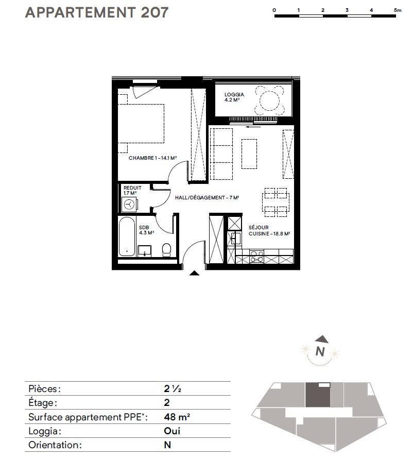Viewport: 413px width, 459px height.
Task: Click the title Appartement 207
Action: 97,12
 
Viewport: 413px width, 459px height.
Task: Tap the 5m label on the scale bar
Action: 398,10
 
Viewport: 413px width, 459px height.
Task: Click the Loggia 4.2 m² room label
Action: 234,97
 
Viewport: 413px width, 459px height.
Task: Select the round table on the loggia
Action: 269,100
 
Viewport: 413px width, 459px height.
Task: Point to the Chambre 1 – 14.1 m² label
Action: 152,158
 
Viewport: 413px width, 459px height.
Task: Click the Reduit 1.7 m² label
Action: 132,190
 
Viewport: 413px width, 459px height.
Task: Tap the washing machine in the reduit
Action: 129,204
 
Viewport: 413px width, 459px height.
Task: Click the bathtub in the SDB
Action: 127,237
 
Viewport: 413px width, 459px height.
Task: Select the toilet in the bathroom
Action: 166,250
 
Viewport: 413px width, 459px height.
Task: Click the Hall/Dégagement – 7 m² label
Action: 207,198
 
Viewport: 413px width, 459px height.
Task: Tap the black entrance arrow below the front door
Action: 194,273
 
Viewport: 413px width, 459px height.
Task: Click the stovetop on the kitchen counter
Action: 256,257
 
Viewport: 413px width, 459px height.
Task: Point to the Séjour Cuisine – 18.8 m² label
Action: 269,230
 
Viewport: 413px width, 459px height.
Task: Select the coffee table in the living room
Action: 249,154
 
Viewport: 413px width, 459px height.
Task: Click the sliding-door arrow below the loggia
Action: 253,127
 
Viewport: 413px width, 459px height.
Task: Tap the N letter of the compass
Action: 320,351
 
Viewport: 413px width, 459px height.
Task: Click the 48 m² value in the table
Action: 177,417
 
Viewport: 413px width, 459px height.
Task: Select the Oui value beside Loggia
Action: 172,431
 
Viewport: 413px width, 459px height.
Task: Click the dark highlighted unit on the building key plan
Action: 318,395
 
